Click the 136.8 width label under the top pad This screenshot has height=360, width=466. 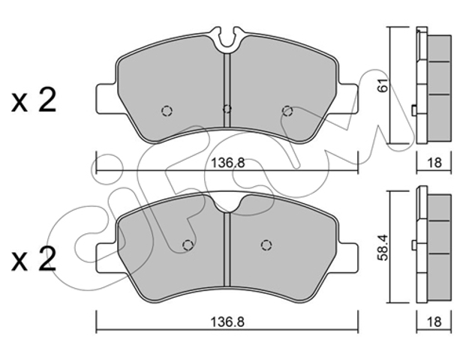pyautogui.click(x=227, y=163)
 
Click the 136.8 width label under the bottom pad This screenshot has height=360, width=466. pyautogui.click(x=227, y=322)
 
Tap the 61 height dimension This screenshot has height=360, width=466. pyautogui.click(x=383, y=85)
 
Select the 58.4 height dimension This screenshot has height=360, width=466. pyautogui.click(x=383, y=247)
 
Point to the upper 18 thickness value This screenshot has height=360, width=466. pyautogui.click(x=434, y=163)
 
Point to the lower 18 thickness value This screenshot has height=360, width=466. pyautogui.click(x=434, y=322)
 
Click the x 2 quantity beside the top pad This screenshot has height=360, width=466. pyautogui.click(x=34, y=100)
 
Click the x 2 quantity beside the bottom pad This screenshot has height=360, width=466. pyautogui.click(x=34, y=259)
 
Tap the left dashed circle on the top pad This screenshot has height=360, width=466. pyautogui.click(x=167, y=111)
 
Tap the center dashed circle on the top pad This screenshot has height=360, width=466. pyautogui.click(x=227, y=109)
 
